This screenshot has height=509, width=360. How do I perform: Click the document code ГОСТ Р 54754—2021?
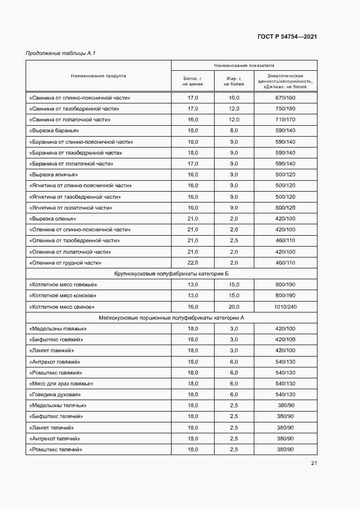tap(287, 36)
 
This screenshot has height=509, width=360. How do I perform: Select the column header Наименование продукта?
tap(99, 76)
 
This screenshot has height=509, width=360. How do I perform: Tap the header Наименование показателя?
tap(244, 65)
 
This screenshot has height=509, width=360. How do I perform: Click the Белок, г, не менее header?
tap(193, 82)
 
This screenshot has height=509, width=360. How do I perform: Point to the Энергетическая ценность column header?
tap(285, 82)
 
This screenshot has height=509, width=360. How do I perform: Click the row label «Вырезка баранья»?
tap(54, 131)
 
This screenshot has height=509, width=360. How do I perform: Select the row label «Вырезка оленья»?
tap(54, 218)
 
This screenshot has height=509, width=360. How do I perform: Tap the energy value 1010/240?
tap(285, 306)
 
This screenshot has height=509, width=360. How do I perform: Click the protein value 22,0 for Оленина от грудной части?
tap(193, 262)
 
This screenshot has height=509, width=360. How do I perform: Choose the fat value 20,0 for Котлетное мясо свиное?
tap(234, 306)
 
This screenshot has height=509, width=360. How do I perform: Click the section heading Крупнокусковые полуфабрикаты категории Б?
tap(171, 273)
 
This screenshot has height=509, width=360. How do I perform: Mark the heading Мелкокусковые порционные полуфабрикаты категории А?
tap(171, 317)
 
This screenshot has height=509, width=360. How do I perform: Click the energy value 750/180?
tap(285, 109)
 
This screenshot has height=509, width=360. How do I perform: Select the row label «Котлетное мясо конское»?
tap(63, 296)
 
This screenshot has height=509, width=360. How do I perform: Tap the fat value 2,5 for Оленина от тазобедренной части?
tap(234, 240)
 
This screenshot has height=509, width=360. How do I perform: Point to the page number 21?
tap(314, 463)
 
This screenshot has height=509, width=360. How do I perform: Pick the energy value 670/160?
tap(285, 98)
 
